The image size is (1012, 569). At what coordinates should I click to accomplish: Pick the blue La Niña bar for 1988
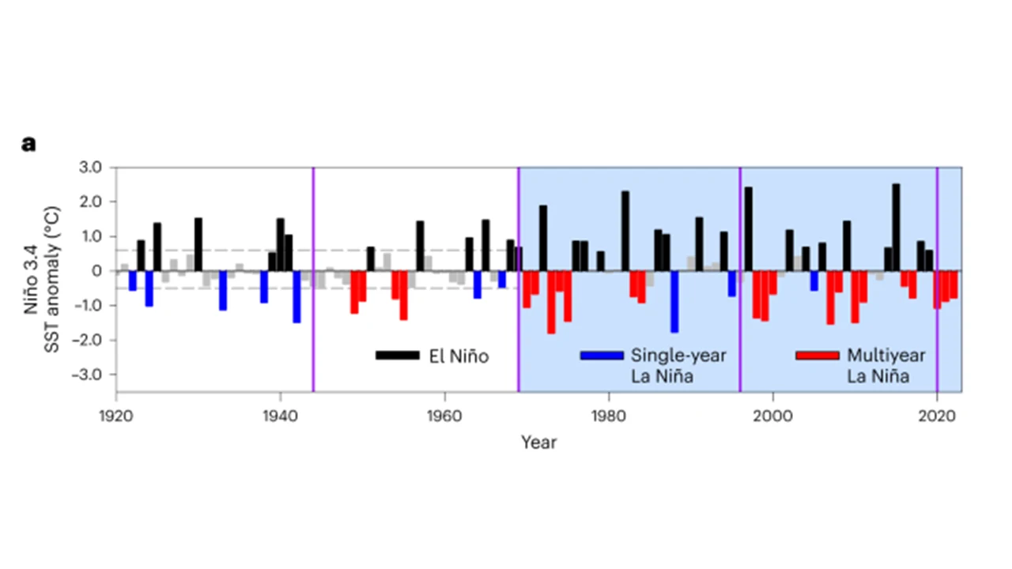pyautogui.click(x=674, y=301)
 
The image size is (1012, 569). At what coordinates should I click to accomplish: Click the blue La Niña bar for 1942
pyautogui.click(x=296, y=296)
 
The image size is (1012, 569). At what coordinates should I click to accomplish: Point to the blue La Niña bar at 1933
pyautogui.click(x=223, y=290)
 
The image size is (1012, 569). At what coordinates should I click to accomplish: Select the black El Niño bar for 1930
pyautogui.click(x=198, y=244)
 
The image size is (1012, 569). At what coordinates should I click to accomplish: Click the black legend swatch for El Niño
pyautogui.click(x=397, y=356)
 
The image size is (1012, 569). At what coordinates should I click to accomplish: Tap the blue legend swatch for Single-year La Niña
pyautogui.click(x=601, y=356)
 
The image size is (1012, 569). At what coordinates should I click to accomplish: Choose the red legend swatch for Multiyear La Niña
pyautogui.click(x=817, y=356)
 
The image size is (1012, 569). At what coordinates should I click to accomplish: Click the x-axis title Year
pyautogui.click(x=538, y=443)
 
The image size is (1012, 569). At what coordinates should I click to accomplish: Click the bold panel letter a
pyautogui.click(x=29, y=144)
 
